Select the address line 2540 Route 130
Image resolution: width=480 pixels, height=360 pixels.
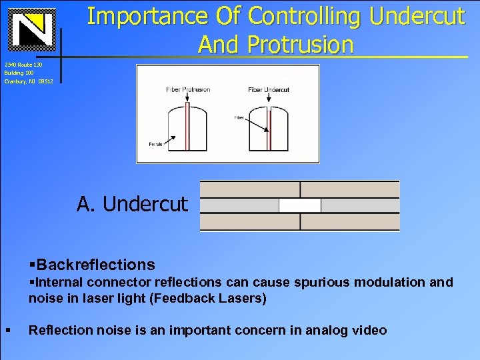(23, 64)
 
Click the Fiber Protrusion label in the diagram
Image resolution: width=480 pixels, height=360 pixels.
(188, 89)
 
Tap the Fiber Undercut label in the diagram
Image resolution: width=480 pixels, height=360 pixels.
(268, 89)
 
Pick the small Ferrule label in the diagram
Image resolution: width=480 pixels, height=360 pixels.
(155, 144)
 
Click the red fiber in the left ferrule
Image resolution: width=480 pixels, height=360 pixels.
(188, 127)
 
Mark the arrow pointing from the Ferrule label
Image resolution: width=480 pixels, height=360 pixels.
(169, 139)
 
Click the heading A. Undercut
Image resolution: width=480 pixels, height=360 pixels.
(133, 204)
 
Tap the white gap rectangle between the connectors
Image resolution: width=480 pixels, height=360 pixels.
(299, 205)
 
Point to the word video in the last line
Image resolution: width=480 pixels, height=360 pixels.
(369, 330)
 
